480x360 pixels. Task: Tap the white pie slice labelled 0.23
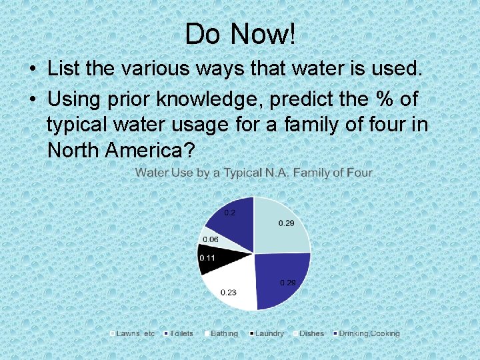(x=230, y=287)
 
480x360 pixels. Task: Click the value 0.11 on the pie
(x=207, y=257)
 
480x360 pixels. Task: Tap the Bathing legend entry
(x=224, y=333)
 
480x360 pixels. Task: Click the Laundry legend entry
(x=269, y=333)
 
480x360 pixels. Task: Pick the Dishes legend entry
(x=311, y=333)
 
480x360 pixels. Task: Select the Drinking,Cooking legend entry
(x=369, y=333)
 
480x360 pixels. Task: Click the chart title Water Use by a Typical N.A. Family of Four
(x=254, y=173)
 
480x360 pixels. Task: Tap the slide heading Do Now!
(x=239, y=34)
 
